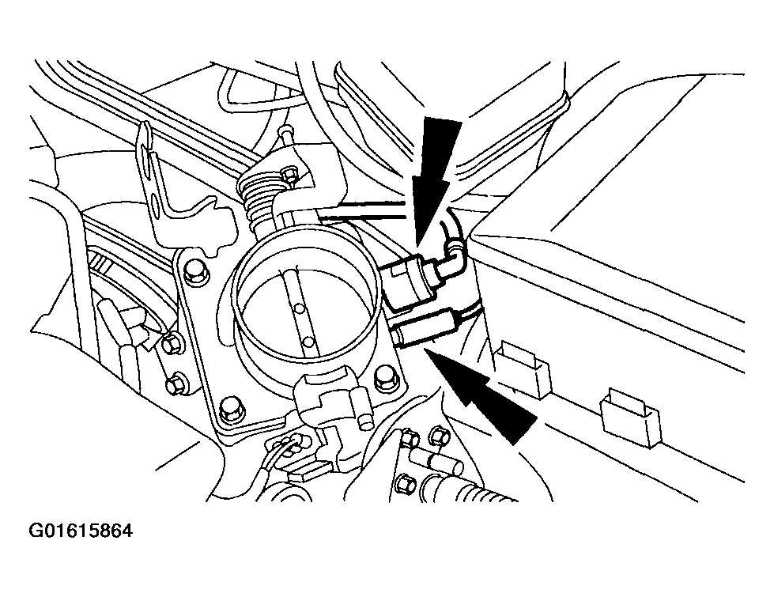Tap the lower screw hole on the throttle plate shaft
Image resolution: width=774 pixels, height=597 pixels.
coord(310,342)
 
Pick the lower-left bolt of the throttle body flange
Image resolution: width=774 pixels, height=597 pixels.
coord(229,408)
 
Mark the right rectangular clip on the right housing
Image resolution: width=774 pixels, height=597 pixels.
coord(632,417)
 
